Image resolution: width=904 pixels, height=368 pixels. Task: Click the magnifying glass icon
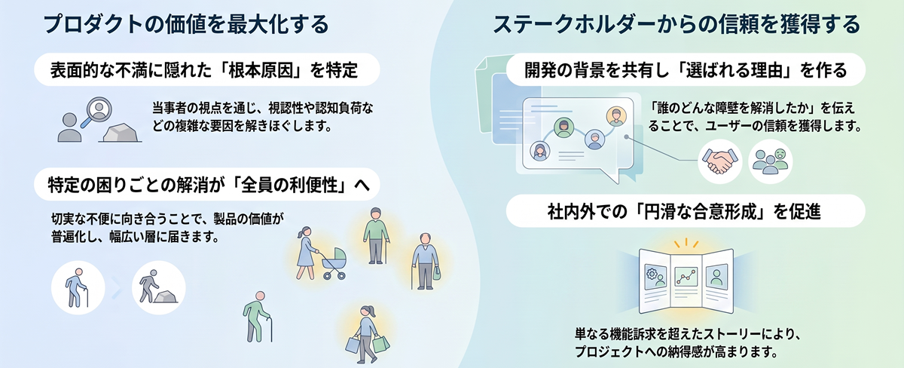[x=97, y=112]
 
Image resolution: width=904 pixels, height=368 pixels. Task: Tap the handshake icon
[x=719, y=161]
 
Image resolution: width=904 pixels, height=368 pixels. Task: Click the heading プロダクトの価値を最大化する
[x=186, y=24]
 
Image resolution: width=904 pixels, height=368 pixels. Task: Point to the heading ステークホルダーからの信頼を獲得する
[x=676, y=24]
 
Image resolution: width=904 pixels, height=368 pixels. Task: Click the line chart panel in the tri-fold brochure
[x=686, y=278]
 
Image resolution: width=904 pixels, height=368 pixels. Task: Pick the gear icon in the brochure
[x=652, y=274]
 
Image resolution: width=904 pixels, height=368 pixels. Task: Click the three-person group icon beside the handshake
[x=771, y=161]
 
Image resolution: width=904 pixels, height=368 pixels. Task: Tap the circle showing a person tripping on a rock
[x=159, y=287]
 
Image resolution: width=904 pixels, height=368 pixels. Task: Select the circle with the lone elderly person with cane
[x=78, y=287]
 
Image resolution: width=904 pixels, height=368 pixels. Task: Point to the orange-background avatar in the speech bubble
[x=616, y=116]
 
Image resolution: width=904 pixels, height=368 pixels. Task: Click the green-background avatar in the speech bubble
[x=563, y=127]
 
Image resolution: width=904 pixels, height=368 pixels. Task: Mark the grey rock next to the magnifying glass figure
[x=121, y=133]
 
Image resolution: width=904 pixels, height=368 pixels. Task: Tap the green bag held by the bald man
[x=436, y=273]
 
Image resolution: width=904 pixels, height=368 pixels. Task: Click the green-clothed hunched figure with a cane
[x=258, y=317]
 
